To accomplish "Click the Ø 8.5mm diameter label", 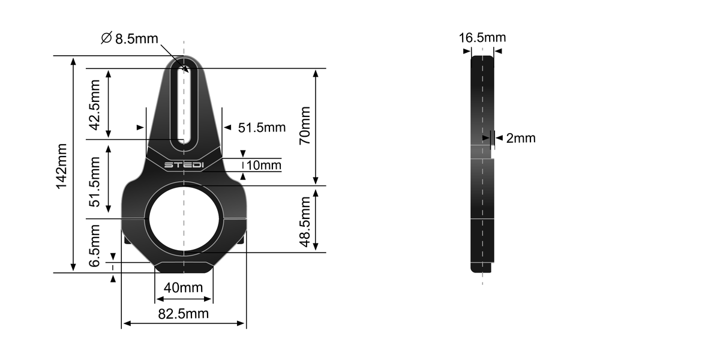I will pos(130,39).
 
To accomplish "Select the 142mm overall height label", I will pos(61,166).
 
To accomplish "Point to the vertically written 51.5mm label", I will pos(95,182).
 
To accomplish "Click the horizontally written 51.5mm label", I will pos(262,128).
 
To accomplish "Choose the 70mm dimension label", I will pos(305,125).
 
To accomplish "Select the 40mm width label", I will pos(183,288).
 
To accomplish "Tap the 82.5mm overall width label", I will pos(184,313).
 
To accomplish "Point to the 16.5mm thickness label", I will pos(482,38).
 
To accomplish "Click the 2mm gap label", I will pos(520,139).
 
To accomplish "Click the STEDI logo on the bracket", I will pos(184,164).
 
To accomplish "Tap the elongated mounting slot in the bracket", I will pos(184,105).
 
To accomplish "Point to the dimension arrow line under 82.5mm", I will pos(184,324).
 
